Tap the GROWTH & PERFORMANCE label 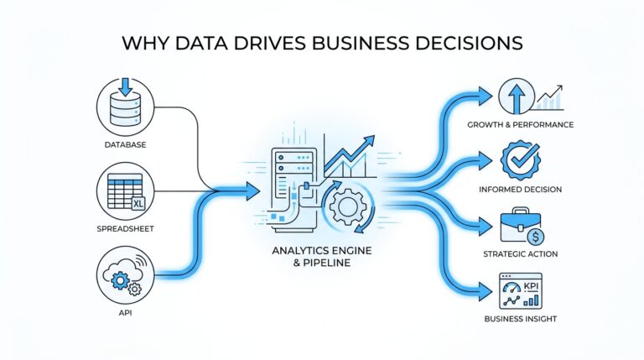[x=522, y=126]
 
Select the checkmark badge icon [x=519, y=159]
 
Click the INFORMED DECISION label [x=521, y=189]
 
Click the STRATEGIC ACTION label [x=522, y=254]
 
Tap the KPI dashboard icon [x=520, y=291]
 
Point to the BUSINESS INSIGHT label [x=521, y=320]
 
